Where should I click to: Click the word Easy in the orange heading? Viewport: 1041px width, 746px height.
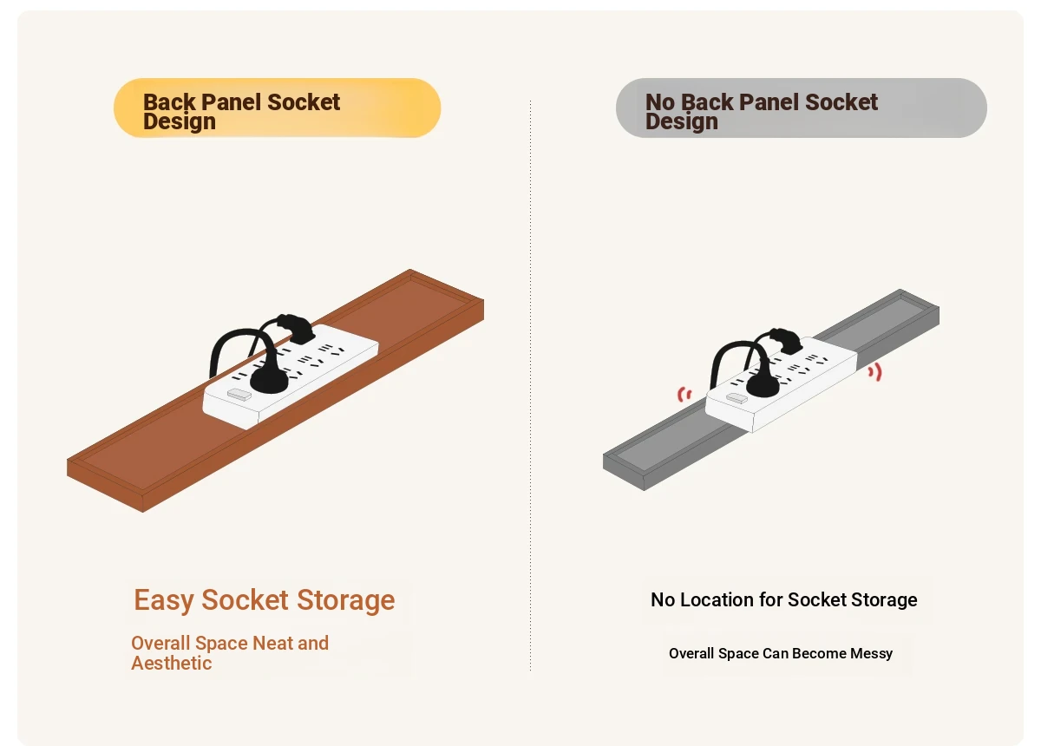164,600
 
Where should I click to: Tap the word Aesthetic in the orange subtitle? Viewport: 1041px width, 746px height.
172,664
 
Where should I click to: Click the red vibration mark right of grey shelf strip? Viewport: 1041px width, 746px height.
875,372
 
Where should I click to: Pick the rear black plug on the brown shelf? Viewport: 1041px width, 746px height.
296,328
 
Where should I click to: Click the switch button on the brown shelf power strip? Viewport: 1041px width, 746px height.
239,395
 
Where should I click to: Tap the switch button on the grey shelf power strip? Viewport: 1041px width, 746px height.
737,398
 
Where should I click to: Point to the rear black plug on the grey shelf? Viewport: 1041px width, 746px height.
786,340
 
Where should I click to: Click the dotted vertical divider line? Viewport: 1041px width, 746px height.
530,385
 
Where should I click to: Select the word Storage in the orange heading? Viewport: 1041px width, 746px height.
346,600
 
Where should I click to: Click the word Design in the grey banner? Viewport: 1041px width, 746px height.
682,121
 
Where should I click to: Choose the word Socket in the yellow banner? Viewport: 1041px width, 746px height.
304,102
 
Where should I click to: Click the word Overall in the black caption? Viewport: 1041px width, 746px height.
691,653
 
